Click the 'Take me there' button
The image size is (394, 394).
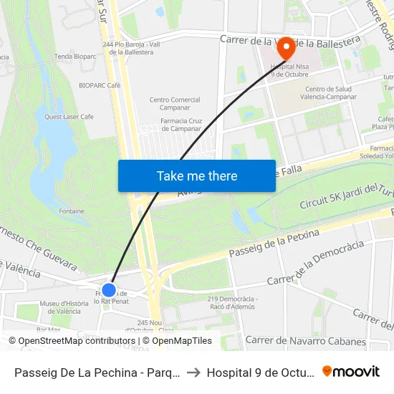[x=197, y=176]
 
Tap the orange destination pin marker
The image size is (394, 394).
[x=285, y=49]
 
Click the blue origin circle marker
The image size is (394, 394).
[x=109, y=289]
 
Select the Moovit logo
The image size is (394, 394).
[x=351, y=372]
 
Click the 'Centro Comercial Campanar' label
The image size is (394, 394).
[x=174, y=104]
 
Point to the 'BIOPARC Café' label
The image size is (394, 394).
[x=99, y=85]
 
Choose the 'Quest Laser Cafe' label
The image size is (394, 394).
[x=69, y=116]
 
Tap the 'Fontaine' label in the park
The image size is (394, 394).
[x=72, y=211]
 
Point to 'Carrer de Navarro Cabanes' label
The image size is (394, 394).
[x=305, y=341]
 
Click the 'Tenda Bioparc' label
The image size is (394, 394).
[x=75, y=56]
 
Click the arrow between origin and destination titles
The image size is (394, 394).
[x=193, y=373]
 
